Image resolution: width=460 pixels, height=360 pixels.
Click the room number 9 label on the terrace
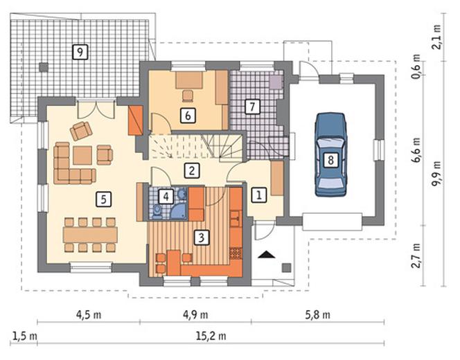click(80, 52)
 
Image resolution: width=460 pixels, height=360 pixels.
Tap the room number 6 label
click(188, 116)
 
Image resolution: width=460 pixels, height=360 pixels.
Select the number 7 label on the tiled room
click(252, 107)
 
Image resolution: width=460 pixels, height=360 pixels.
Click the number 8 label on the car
click(330, 160)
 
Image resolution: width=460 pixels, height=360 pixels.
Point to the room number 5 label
click(103, 199)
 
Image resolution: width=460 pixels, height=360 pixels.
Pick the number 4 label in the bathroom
click(166, 197)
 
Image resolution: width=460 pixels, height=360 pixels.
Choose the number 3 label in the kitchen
click(202, 237)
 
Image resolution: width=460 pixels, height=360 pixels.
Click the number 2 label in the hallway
click(192, 170)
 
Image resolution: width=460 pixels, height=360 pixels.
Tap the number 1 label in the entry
click(259, 195)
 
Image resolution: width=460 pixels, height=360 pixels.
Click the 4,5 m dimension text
click(89, 315)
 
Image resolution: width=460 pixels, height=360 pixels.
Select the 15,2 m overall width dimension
click(211, 336)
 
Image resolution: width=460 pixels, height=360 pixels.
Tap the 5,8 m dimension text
click(318, 315)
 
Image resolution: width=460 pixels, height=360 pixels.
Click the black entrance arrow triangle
click(267, 255)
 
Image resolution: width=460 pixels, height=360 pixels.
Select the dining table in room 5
click(90, 235)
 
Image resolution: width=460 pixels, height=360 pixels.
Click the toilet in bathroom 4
click(157, 212)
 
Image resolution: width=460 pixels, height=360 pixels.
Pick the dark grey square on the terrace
click(44, 67)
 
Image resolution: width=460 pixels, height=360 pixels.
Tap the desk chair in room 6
click(188, 96)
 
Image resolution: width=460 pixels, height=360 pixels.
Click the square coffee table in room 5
click(82, 155)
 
